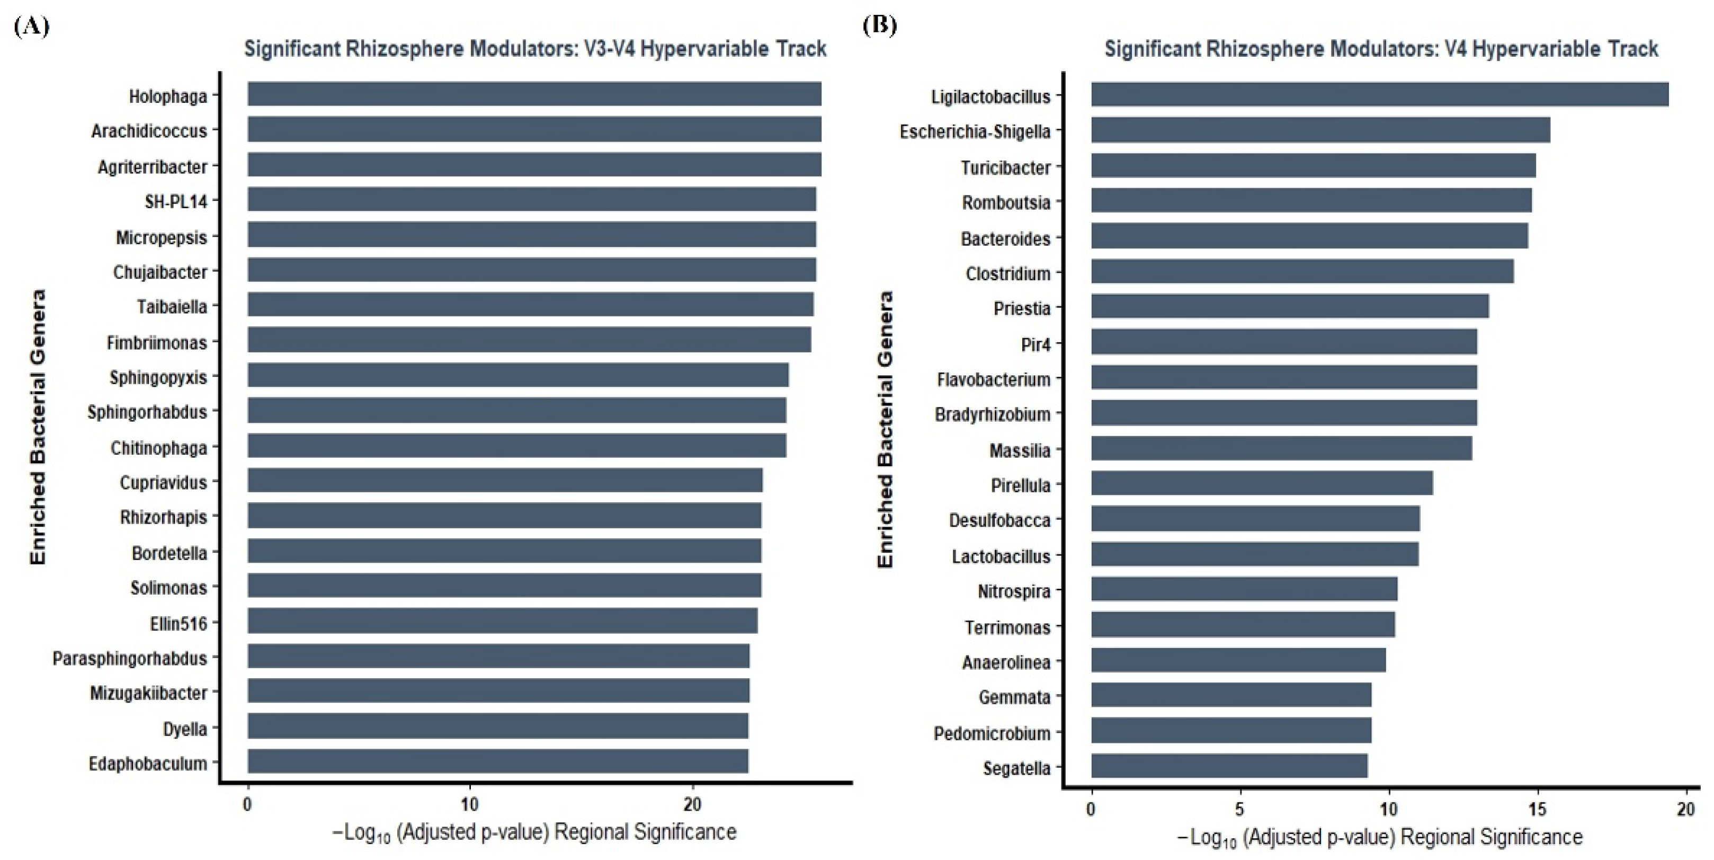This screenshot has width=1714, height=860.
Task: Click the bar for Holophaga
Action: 534,94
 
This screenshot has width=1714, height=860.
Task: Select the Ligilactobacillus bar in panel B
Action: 1379,94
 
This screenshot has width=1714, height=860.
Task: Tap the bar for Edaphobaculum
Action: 498,761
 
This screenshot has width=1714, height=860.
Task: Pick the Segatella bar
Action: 1229,766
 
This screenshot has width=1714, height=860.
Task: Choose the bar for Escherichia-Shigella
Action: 1321,130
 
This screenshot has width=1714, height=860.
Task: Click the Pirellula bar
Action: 1262,483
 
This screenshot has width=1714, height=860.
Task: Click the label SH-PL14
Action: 176,201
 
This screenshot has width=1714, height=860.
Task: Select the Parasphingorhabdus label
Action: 130,658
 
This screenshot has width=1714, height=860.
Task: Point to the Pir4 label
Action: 1035,344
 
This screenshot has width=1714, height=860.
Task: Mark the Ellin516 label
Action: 178,624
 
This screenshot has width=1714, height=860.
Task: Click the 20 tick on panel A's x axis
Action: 692,804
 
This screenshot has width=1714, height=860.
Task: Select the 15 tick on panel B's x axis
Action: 1538,809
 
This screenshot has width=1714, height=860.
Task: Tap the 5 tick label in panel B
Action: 1239,809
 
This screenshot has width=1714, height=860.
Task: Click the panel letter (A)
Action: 31,26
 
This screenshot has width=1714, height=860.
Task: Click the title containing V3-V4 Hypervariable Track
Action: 535,49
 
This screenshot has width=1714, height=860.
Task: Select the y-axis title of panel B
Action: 885,429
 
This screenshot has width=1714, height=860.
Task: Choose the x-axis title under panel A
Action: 534,832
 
